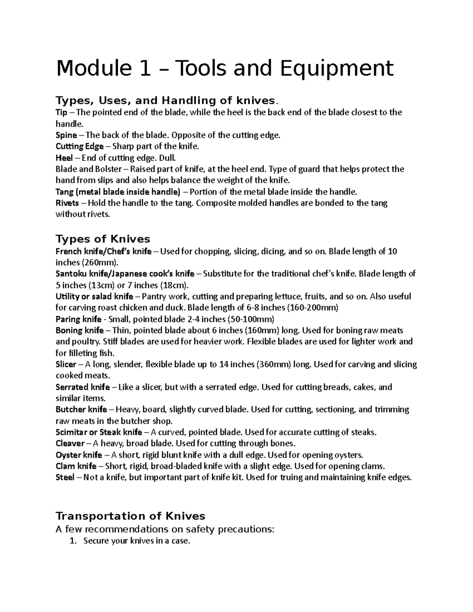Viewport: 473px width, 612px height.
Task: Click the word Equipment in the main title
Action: point(337,68)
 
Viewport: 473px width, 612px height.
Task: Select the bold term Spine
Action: point(66,135)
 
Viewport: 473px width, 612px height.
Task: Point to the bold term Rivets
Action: point(67,203)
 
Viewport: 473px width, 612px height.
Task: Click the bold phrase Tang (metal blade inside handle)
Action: point(118,192)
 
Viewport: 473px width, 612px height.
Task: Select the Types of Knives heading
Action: point(103,239)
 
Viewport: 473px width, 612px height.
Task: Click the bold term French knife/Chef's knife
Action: point(104,251)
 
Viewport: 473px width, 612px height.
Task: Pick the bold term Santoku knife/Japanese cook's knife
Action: point(125,274)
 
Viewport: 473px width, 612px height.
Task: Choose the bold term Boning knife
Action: point(80,330)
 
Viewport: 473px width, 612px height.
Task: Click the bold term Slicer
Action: point(66,365)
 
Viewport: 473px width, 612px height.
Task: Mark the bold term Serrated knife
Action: point(83,387)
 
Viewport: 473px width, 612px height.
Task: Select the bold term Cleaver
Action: point(70,443)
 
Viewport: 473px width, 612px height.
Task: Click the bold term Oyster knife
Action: point(79,455)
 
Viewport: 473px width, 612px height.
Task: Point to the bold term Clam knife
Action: point(76,466)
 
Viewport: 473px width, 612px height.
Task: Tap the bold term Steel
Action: point(65,478)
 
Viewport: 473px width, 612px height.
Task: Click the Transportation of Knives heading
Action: point(130,516)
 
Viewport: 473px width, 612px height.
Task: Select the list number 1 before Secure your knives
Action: point(72,541)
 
